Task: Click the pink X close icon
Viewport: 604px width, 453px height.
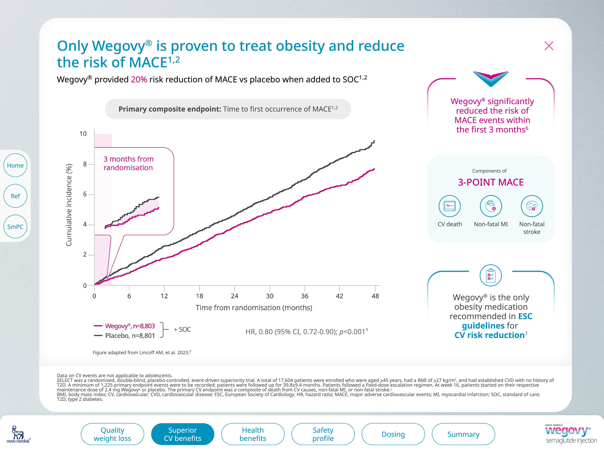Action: (549, 46)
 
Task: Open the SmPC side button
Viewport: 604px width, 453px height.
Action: (15, 226)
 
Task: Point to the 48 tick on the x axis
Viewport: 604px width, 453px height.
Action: (375, 296)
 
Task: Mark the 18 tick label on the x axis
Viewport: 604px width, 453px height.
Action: (199, 296)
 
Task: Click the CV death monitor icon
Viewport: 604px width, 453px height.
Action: (449, 206)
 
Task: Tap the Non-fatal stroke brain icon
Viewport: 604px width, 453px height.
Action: (532, 206)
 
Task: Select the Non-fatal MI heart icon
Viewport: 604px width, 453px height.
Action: (491, 206)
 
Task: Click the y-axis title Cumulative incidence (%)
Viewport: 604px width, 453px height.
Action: (69, 205)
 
